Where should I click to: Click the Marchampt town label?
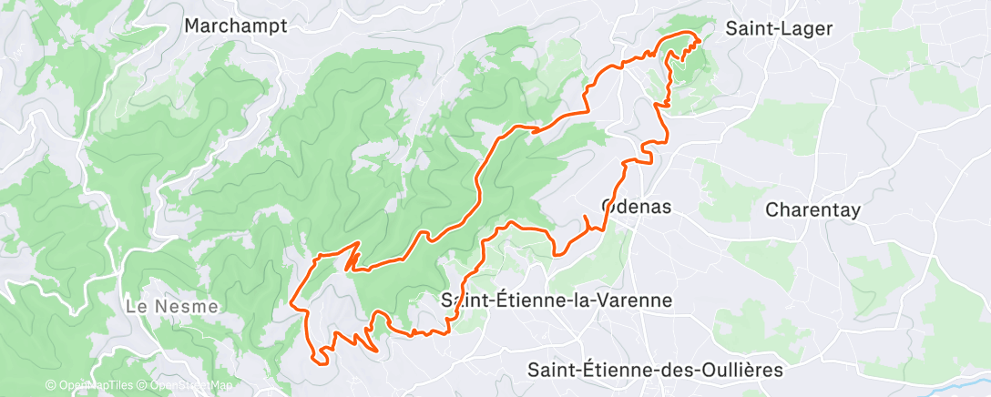point(235,25)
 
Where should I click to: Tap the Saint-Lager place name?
point(779,28)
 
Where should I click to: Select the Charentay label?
point(812,209)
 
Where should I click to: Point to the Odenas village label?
point(637,207)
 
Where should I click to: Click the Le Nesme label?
point(172,307)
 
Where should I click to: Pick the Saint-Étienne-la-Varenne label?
point(556,300)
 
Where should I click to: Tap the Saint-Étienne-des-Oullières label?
point(655,370)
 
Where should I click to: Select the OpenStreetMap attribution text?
point(189,386)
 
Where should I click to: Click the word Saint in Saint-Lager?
point(748,28)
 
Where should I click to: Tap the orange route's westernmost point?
point(291,302)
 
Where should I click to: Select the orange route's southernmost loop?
point(321,360)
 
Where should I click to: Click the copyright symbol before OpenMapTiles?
point(51,386)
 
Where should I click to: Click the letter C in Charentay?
point(771,209)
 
